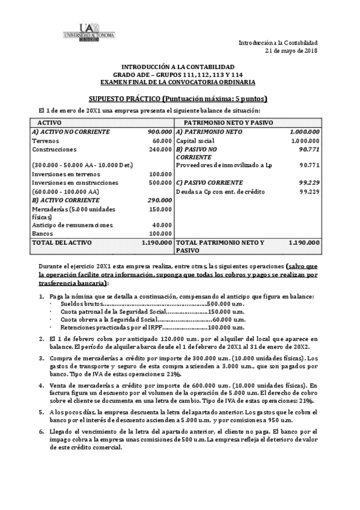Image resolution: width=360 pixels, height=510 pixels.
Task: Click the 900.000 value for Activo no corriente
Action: pyautogui.click(x=159, y=131)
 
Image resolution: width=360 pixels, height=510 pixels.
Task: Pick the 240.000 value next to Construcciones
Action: pyautogui.click(x=160, y=149)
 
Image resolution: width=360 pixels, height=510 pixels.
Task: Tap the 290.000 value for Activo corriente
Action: pyautogui.click(x=159, y=199)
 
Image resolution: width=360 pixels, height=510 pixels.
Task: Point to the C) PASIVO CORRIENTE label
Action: pyautogui.click(x=210, y=182)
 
